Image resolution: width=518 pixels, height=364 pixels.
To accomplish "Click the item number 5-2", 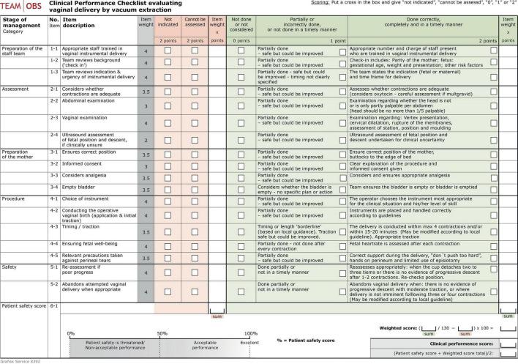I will coord(53,283).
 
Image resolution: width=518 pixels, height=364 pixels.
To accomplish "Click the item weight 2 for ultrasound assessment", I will coord(147,139).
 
